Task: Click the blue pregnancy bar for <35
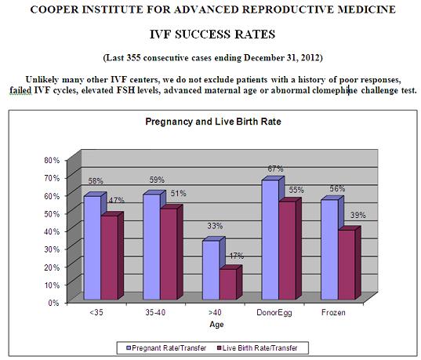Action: coord(93,247)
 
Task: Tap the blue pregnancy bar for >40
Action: coord(212,270)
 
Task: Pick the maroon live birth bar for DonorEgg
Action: coord(287,250)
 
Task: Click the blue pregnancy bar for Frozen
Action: coord(330,249)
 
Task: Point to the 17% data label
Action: coord(237,256)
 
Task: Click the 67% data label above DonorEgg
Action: coord(275,169)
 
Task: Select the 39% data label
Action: coord(358,215)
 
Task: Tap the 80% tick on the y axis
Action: coord(52,160)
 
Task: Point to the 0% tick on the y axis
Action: coord(53,303)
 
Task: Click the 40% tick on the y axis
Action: coord(52,231)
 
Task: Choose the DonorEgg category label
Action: coord(274,313)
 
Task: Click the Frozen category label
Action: coord(333,312)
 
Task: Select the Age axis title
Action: coord(216,325)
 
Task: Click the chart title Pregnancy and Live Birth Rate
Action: coord(213,122)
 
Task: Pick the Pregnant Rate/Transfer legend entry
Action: coord(166,348)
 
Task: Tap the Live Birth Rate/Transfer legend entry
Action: coord(257,348)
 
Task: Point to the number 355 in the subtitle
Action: coord(133,57)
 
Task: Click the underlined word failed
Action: coord(20,90)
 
